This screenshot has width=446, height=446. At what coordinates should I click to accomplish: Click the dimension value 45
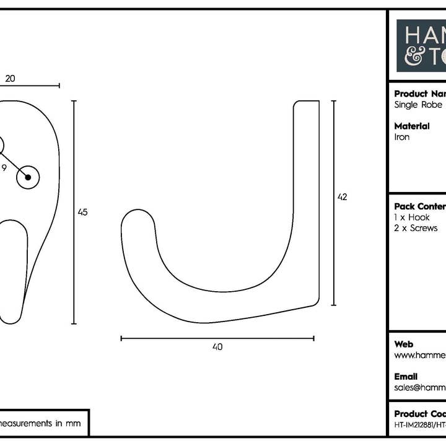tap(82, 212)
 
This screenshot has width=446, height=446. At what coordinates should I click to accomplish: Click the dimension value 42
tap(342, 197)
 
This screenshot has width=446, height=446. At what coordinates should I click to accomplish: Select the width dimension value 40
tap(217, 347)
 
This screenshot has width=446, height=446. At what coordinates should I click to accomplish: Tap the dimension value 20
tap(10, 79)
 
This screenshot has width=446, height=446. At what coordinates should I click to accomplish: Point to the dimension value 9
tap(4, 167)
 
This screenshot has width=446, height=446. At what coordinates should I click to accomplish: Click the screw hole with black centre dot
tap(28, 177)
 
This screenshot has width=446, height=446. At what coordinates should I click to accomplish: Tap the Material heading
tap(412, 126)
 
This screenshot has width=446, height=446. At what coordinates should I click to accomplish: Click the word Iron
tap(402, 137)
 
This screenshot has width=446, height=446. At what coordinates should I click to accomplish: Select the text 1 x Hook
tap(412, 217)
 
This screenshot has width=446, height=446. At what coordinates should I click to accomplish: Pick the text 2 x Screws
tap(416, 228)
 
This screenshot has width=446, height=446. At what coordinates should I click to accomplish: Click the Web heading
tap(404, 344)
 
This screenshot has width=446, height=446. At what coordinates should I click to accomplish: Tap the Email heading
tap(406, 377)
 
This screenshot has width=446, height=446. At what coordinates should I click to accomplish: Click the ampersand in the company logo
tap(414, 56)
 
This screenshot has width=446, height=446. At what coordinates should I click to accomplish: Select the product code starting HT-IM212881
tap(419, 425)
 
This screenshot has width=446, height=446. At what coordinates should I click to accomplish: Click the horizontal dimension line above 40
tap(217, 338)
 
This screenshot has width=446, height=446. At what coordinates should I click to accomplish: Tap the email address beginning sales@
tap(419, 387)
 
